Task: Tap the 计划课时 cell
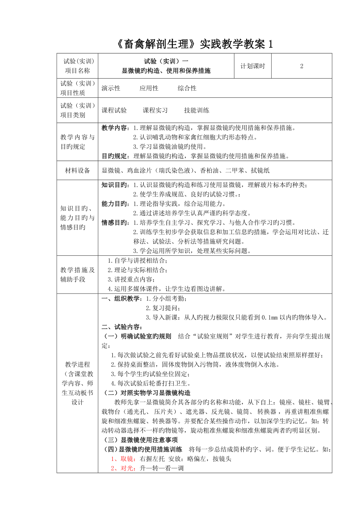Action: pyautogui.click(x=252, y=66)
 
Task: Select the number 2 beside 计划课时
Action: pyautogui.click(x=302, y=66)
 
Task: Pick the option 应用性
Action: pyautogui.click(x=149, y=88)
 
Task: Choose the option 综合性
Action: pyautogui.click(x=187, y=88)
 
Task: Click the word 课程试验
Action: pyautogui.click(x=114, y=110)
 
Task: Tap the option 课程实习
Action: pyautogui.click(x=155, y=110)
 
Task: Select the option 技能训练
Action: pyautogui.click(x=197, y=110)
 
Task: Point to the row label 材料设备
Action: pyautogui.click(x=77, y=170)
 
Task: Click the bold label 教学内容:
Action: pyautogui.click(x=116, y=127)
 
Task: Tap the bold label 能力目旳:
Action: pyautogui.click(x=116, y=204)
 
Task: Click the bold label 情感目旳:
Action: pyautogui.click(x=116, y=223)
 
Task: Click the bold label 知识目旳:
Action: pyautogui.click(x=116, y=185)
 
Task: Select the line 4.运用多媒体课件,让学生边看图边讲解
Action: pyautogui.click(x=166, y=289)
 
